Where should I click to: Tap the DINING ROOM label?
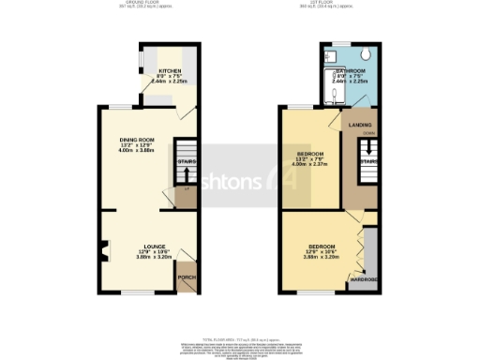(136, 140)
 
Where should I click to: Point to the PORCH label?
(187, 278)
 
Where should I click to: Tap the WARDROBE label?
(364, 278)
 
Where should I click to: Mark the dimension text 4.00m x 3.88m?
(136, 151)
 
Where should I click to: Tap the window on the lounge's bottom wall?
(132, 293)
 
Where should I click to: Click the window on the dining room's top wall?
(120, 106)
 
